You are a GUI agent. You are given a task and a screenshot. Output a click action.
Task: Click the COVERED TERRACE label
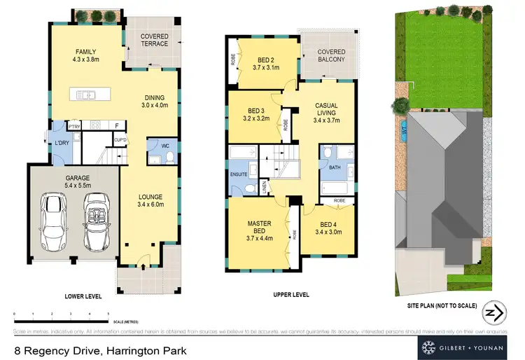[154, 39]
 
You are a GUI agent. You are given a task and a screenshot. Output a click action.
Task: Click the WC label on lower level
[165, 146]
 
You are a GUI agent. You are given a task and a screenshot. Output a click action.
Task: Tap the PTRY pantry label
[75, 126]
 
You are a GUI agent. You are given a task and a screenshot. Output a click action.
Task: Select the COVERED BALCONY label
[331, 55]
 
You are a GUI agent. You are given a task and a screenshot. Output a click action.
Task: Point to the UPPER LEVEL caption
[291, 296]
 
